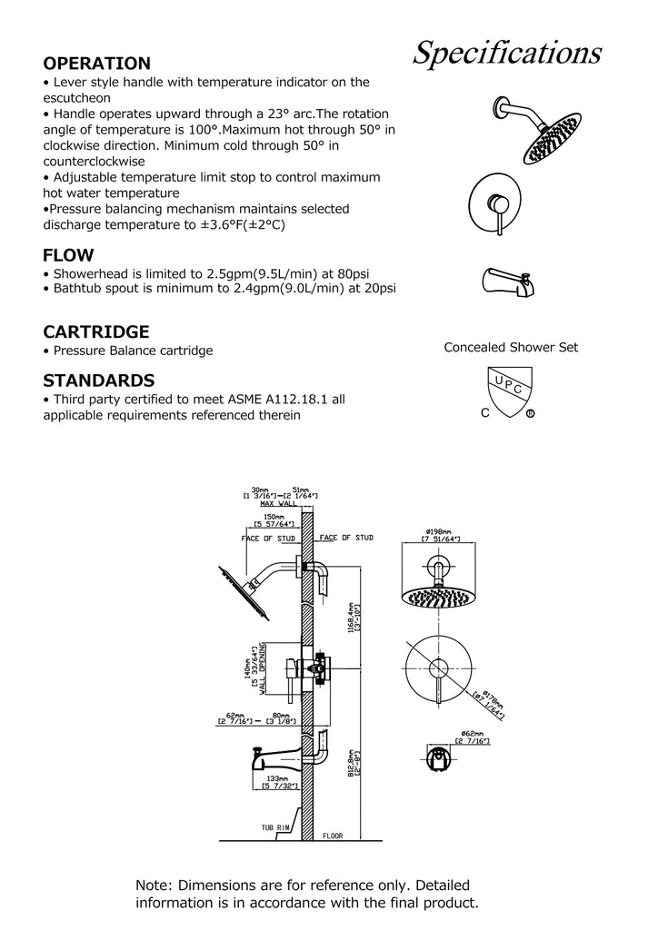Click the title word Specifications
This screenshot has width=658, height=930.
coord(507,53)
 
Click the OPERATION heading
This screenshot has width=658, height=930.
coord(97,64)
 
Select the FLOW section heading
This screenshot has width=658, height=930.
coord(68,255)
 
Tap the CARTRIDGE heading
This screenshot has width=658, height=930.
coord(96,331)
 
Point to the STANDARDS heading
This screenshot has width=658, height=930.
coord(99,380)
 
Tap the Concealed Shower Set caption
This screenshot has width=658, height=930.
coord(511,347)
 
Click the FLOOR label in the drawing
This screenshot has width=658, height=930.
coord(333,836)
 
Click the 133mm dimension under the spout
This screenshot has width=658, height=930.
coord(277,779)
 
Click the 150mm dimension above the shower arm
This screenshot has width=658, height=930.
coord(273,516)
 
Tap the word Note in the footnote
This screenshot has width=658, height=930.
coord(155,885)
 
